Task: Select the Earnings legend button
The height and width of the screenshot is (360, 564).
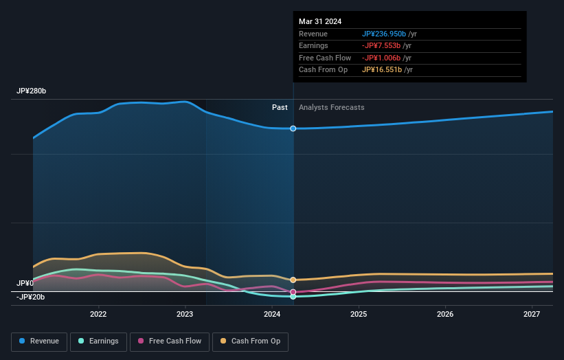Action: click(99, 341)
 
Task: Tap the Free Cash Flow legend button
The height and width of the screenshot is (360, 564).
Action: click(170, 341)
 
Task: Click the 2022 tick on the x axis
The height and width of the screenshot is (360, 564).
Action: click(98, 314)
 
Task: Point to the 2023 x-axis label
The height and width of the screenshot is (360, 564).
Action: click(185, 314)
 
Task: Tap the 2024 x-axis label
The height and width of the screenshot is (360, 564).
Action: click(272, 314)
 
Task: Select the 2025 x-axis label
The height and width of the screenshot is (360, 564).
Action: click(359, 314)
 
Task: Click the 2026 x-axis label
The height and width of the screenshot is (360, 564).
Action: click(445, 314)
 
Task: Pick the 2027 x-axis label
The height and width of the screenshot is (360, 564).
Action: click(532, 314)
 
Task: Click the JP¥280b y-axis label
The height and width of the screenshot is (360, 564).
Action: click(32, 91)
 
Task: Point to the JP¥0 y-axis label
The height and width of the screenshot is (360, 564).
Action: click(25, 283)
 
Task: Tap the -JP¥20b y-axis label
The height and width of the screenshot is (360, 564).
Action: click(31, 297)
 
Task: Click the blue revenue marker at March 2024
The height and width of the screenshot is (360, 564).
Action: click(293, 128)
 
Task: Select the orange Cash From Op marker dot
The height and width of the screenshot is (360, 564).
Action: click(293, 280)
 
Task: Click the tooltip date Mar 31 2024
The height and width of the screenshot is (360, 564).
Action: click(320, 22)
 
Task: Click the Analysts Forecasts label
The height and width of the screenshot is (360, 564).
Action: click(331, 107)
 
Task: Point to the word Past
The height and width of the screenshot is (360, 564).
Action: click(280, 107)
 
